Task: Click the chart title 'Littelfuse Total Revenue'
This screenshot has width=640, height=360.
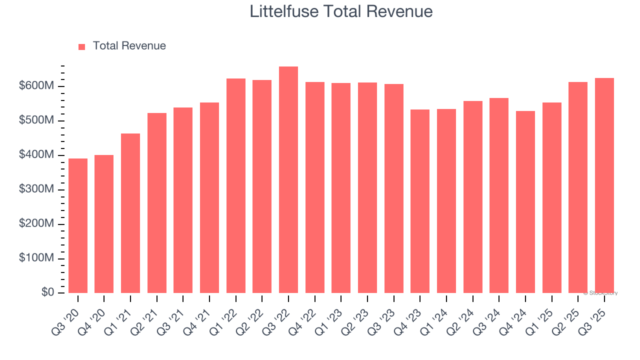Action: (x=341, y=11)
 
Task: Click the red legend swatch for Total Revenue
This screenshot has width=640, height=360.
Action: (x=82, y=46)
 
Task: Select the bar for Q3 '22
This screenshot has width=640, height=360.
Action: (x=288, y=180)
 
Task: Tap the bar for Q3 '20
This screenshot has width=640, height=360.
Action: (x=78, y=225)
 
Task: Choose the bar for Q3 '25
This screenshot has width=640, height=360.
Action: (x=604, y=185)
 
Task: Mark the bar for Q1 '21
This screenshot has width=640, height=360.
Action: (x=130, y=213)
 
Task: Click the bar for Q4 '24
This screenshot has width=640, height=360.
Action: (x=525, y=202)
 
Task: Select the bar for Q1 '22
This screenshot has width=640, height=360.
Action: (x=236, y=185)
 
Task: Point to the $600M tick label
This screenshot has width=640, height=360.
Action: (x=36, y=86)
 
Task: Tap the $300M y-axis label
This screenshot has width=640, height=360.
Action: (x=36, y=189)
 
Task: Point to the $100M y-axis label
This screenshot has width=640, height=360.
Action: (x=36, y=258)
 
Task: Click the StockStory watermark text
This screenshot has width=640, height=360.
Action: (x=600, y=293)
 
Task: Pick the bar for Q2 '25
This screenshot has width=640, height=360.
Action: (x=578, y=187)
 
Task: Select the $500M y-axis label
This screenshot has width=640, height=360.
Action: (x=36, y=120)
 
